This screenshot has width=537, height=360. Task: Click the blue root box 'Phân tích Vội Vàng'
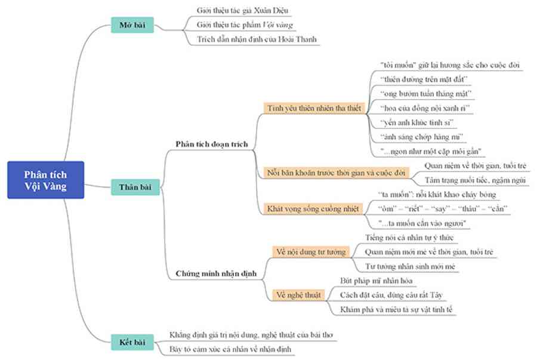click(45, 180)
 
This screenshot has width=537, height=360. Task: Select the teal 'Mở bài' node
click(132, 25)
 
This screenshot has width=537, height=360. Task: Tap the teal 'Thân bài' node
click(135, 187)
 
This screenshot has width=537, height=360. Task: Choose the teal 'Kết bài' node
click(132, 342)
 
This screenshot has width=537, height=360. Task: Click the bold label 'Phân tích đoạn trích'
click(212, 144)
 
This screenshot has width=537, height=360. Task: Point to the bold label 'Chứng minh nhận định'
click(216, 273)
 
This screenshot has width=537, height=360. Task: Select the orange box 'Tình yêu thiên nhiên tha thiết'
click(314, 108)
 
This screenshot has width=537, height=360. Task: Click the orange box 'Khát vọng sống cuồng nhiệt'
click(313, 208)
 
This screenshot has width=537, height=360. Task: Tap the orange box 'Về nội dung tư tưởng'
click(311, 252)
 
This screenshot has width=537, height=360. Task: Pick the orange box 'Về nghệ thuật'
click(298, 295)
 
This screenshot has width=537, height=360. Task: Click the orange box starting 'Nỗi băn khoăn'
click(336, 173)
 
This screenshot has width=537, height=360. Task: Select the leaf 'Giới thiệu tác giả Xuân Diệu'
click(242, 11)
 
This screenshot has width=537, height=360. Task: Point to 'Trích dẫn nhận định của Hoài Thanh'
click(257, 39)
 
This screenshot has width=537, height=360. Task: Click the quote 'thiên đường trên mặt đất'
click(424, 79)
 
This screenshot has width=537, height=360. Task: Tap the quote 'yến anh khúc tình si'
click(417, 122)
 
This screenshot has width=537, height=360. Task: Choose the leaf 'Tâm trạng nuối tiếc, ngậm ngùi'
click(475, 180)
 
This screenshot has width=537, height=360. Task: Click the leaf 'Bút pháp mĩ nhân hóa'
click(376, 281)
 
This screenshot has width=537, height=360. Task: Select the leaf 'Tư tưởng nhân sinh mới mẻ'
click(410, 266)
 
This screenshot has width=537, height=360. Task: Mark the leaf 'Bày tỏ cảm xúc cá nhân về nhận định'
click(230, 349)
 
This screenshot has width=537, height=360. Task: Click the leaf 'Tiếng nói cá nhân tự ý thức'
click(409, 238)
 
